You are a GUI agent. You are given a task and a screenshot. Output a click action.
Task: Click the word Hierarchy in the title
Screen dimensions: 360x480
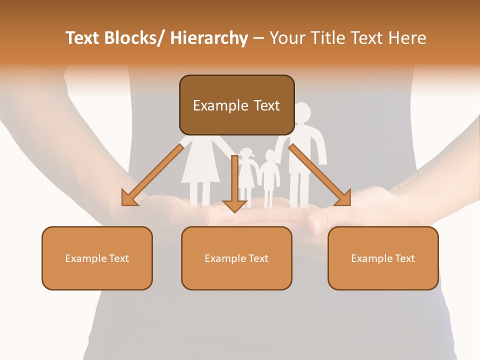(x=209, y=38)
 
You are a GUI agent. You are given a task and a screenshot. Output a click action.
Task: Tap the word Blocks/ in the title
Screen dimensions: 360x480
(x=134, y=38)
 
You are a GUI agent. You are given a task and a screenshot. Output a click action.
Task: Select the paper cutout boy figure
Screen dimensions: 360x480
(x=270, y=175)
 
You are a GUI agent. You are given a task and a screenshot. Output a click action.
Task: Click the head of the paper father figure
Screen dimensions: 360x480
(x=303, y=112)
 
